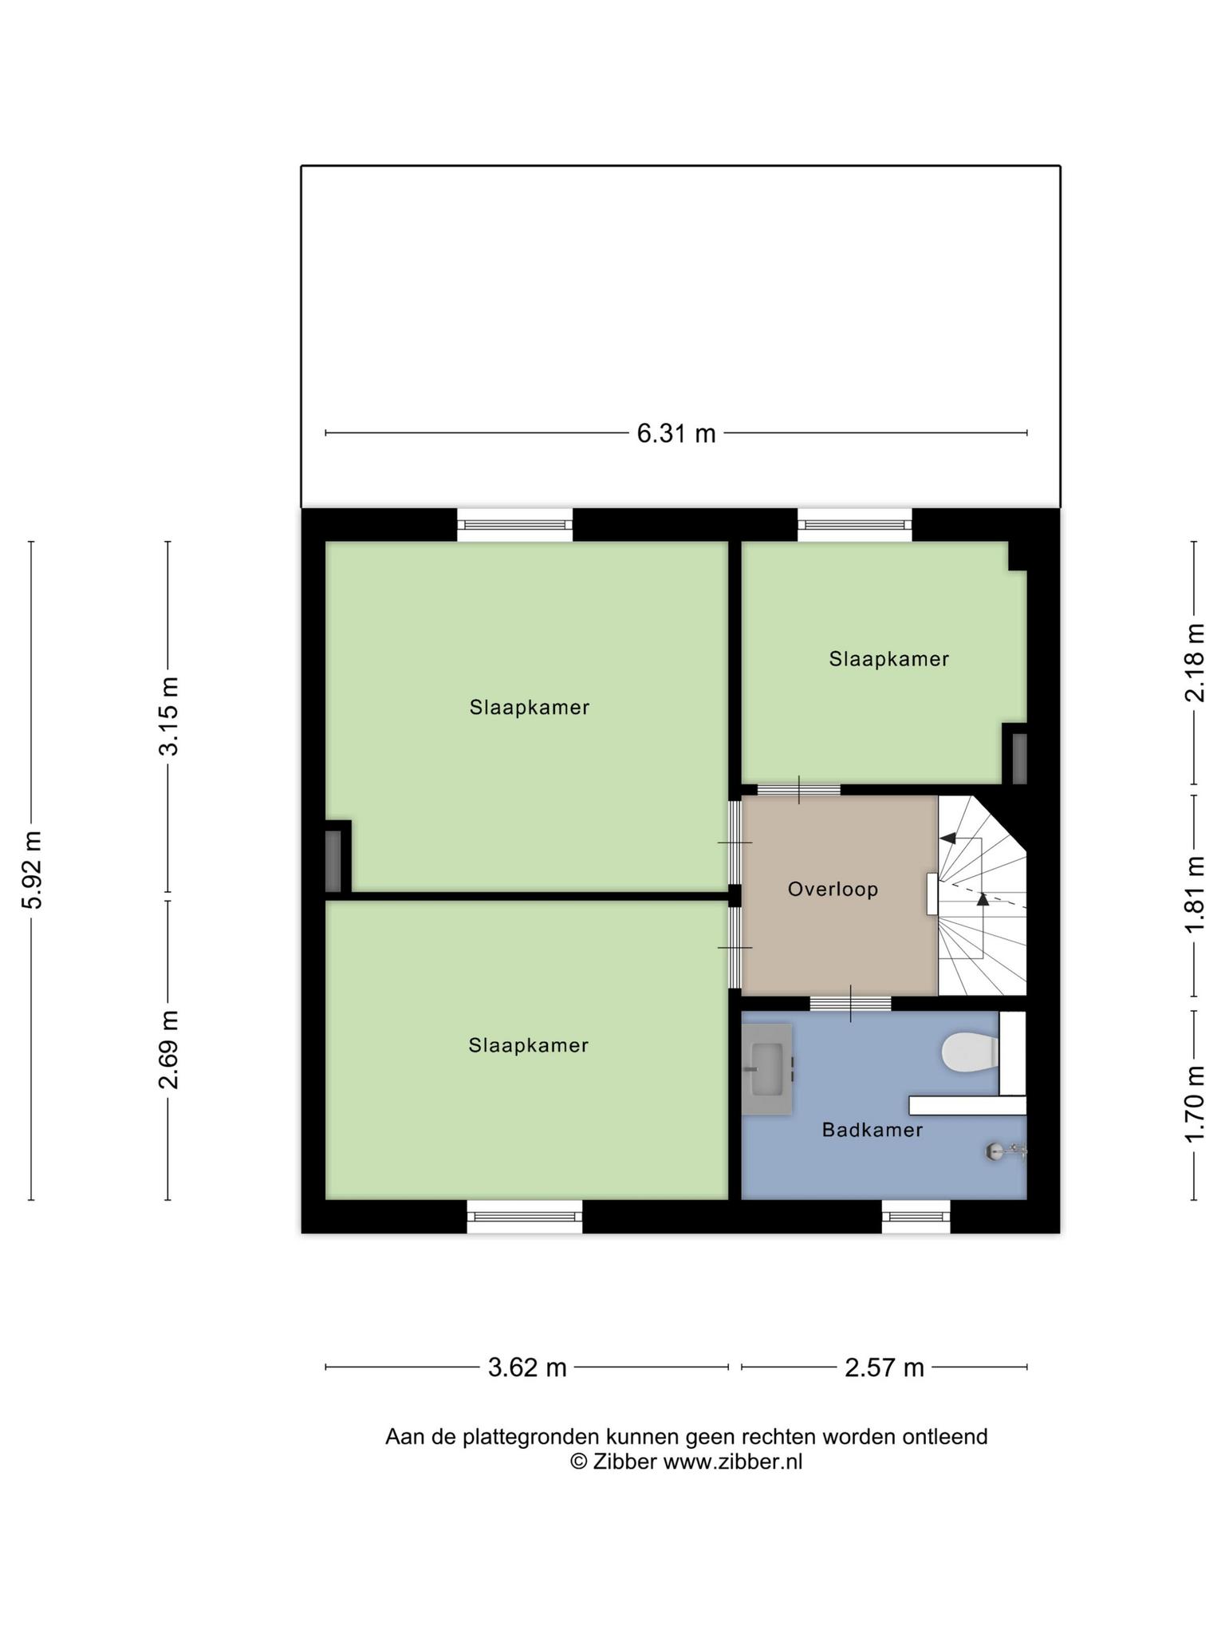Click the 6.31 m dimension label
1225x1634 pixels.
click(x=676, y=434)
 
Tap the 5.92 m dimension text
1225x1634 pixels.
click(x=33, y=870)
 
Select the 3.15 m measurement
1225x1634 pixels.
click(x=168, y=716)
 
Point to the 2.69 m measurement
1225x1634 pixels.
click(x=168, y=1050)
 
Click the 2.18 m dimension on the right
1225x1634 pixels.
click(x=1195, y=663)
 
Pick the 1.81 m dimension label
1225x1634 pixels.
click(x=1195, y=894)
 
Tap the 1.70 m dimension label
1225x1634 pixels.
click(x=1195, y=1104)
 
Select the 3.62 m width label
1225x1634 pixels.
click(x=527, y=1368)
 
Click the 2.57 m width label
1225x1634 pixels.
click(x=884, y=1368)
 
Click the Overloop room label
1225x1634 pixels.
click(x=833, y=889)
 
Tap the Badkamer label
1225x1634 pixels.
click(x=872, y=1130)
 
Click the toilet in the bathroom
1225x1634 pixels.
click(x=971, y=1053)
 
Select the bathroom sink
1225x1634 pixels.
click(x=767, y=1069)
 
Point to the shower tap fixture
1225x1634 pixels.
click(x=1006, y=1151)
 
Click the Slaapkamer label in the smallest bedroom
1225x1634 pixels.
click(x=889, y=659)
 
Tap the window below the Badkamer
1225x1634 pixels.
click(x=916, y=1217)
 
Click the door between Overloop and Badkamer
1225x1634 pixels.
click(x=851, y=1004)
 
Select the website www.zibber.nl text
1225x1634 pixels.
click(x=733, y=1462)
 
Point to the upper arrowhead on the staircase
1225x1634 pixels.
click(x=948, y=838)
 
